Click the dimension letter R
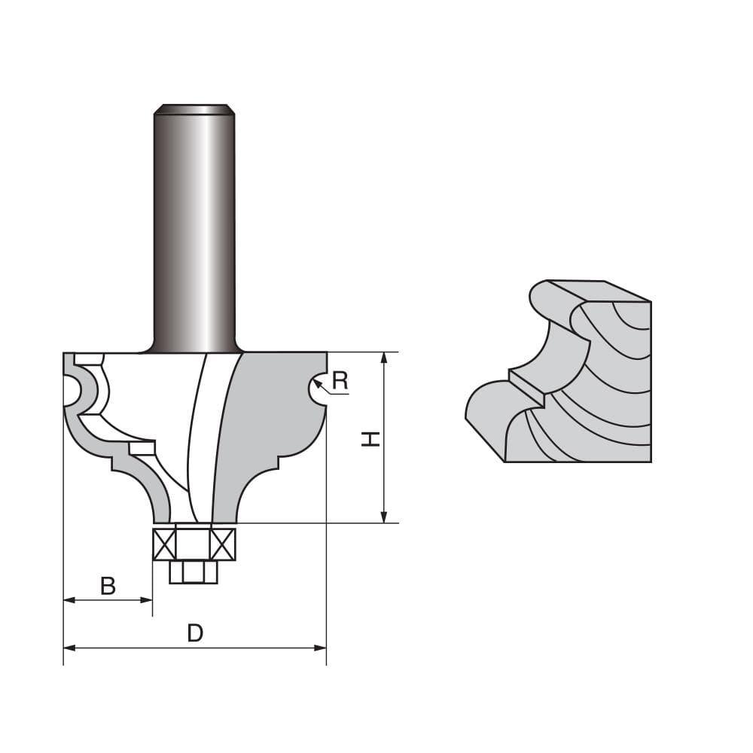[340, 380]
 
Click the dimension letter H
[370, 438]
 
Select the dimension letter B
[108, 586]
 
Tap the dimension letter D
[195, 633]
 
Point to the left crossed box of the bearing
[164, 544]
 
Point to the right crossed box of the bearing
[224, 544]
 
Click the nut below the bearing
[194, 572]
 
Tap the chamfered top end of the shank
[194, 109]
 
